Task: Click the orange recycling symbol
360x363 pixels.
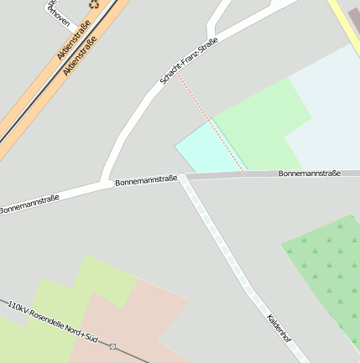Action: (94, 4)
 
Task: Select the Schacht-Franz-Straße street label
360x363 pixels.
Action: (189, 61)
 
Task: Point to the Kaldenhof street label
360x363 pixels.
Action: (279, 329)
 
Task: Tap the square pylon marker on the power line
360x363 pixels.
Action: (112, 346)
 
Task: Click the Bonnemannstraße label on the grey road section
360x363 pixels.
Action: (310, 174)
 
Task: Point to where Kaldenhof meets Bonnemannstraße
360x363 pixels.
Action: (181, 178)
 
